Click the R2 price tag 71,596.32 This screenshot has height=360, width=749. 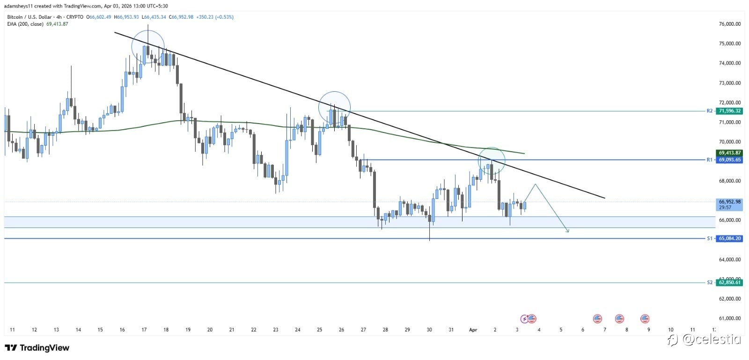[x=730, y=111]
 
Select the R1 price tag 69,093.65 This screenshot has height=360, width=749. [x=730, y=160]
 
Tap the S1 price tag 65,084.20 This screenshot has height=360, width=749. [x=730, y=238]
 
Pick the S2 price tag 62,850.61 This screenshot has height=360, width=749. [x=730, y=282]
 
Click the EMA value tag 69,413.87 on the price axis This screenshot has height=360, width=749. [x=730, y=153]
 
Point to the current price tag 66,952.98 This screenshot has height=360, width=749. [x=730, y=202]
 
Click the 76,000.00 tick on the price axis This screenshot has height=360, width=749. [x=730, y=24]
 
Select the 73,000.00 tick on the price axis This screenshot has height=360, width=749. [x=730, y=83]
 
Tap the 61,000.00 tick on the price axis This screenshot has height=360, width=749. [x=730, y=318]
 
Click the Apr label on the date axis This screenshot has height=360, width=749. [x=473, y=330]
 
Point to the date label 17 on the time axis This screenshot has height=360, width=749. [x=144, y=330]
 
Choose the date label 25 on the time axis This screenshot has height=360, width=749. [x=320, y=330]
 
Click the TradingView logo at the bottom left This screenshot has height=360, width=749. [x=37, y=348]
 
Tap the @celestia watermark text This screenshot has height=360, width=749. [x=712, y=339]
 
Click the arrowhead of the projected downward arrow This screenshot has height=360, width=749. [x=567, y=230]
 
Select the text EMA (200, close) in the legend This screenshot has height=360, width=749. [x=26, y=24]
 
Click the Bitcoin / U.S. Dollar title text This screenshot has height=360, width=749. [x=29, y=17]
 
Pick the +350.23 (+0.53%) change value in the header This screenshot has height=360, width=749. [x=217, y=17]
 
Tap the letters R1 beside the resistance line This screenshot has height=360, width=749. [x=709, y=160]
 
